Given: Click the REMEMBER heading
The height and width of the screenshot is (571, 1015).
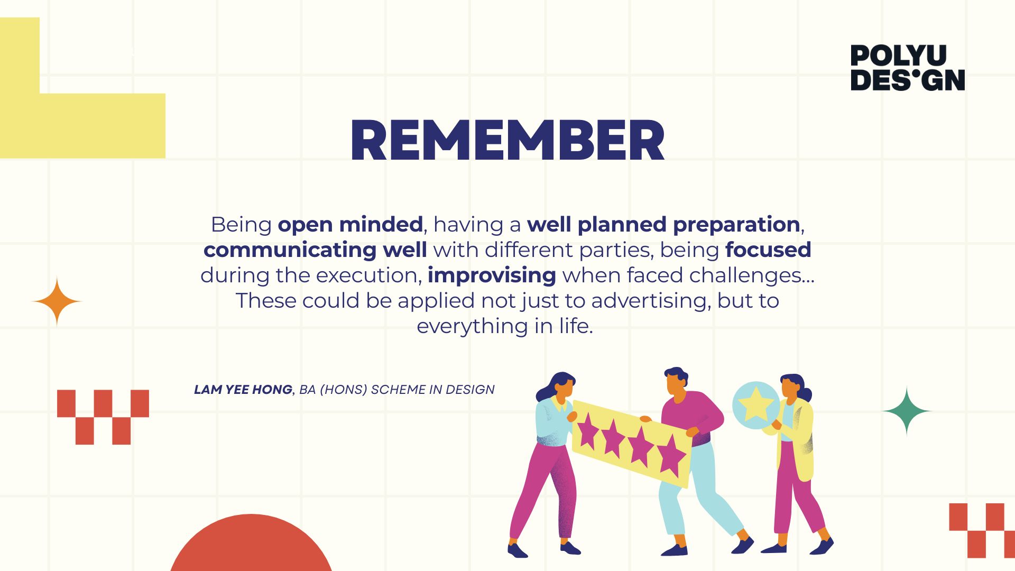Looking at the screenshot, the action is point(508,140).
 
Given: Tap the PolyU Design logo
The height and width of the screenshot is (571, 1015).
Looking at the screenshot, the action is point(908,68).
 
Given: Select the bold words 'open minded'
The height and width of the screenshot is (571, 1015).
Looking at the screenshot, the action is point(350,225).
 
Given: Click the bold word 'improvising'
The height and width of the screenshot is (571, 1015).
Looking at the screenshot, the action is point(492,275).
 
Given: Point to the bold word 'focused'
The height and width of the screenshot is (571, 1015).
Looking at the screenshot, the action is point(768,250).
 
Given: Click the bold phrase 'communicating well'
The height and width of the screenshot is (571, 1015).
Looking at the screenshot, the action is point(315,250).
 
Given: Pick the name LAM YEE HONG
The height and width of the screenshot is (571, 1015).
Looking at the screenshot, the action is point(243,390).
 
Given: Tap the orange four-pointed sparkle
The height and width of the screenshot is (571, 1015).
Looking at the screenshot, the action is point(57,301).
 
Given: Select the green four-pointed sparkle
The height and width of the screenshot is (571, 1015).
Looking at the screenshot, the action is point(907,411).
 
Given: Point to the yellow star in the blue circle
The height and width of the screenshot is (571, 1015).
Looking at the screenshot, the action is point(756,404).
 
